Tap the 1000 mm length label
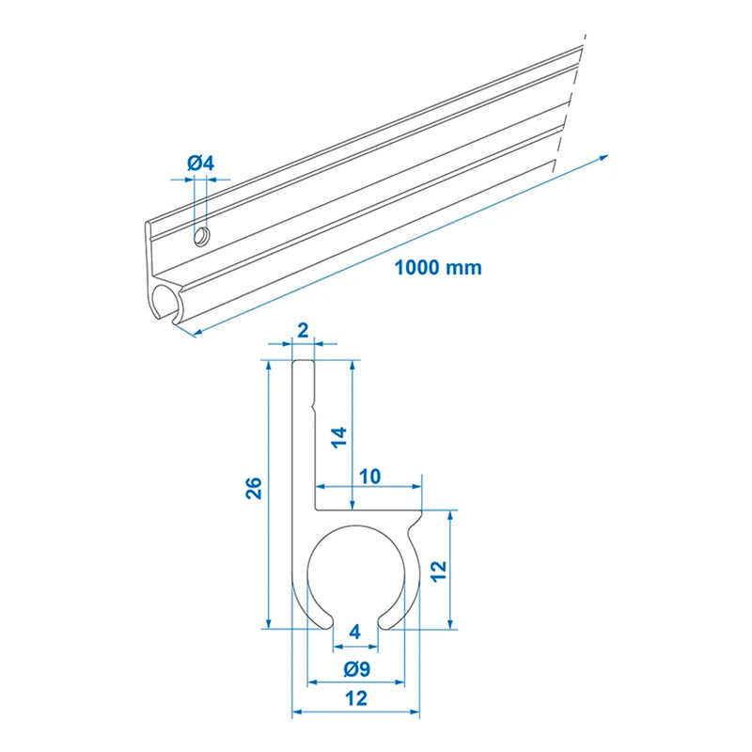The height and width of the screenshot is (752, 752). [437, 267]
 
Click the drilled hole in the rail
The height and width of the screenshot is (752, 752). [201, 236]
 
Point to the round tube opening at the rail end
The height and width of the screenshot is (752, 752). [164, 305]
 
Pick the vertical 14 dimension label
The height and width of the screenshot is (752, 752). [340, 436]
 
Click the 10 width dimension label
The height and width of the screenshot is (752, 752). [368, 477]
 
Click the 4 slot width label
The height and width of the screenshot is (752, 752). [354, 631]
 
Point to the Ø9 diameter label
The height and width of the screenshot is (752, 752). [355, 669]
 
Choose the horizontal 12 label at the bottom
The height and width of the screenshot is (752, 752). [355, 698]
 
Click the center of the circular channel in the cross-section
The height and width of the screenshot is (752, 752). [356, 575]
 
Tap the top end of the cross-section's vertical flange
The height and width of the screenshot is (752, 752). [302, 362]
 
